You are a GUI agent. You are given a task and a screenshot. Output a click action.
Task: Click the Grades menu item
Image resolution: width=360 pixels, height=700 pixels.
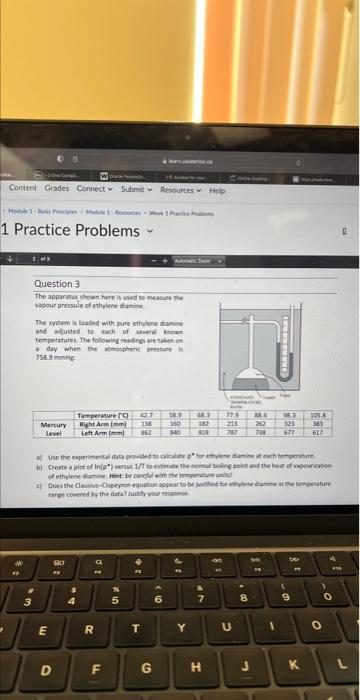56,188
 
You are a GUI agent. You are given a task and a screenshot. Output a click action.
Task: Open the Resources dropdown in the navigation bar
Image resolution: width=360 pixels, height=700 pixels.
179,188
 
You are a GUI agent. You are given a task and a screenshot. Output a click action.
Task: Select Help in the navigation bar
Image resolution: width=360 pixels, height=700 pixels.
217,188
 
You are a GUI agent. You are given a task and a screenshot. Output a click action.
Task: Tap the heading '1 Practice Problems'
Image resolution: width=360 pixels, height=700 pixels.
72,231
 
